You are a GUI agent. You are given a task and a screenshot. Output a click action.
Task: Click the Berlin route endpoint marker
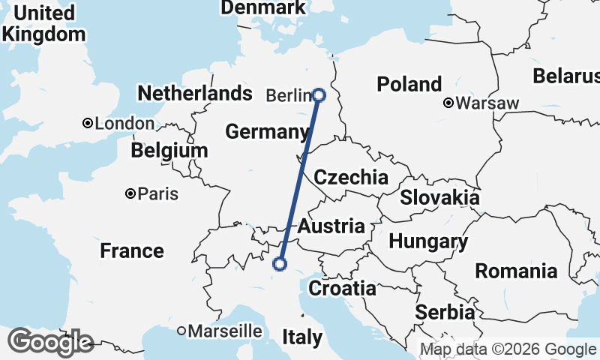(319, 95)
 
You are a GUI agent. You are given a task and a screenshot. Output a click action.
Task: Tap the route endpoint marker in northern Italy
(280, 263)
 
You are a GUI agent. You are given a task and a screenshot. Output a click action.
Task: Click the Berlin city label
(289, 95)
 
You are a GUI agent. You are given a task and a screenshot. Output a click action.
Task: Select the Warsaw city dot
(448, 103)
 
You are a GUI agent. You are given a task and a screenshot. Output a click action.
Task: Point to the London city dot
(88, 123)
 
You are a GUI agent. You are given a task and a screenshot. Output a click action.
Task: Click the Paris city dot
(130, 193)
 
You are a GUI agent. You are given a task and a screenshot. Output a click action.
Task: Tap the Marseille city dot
(181, 330)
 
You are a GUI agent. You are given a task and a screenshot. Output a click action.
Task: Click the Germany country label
(267, 132)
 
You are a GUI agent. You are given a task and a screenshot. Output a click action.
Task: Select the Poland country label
(409, 84)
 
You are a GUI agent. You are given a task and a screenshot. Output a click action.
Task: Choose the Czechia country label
(351, 178)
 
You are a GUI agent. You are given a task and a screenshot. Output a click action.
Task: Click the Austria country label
(331, 226)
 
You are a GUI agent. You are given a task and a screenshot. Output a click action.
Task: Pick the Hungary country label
(428, 241)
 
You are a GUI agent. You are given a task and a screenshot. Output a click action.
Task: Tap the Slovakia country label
(439, 197)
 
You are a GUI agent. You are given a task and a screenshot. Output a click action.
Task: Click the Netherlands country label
(195, 94)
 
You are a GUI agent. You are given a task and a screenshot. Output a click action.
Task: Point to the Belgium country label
(169, 151)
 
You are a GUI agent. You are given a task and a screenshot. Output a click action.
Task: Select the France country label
(132, 250)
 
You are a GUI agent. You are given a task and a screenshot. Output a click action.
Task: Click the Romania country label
(517, 271)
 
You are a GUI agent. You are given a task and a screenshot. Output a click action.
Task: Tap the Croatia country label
(343, 288)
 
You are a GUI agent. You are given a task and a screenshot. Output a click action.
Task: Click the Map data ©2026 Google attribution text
(508, 349)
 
